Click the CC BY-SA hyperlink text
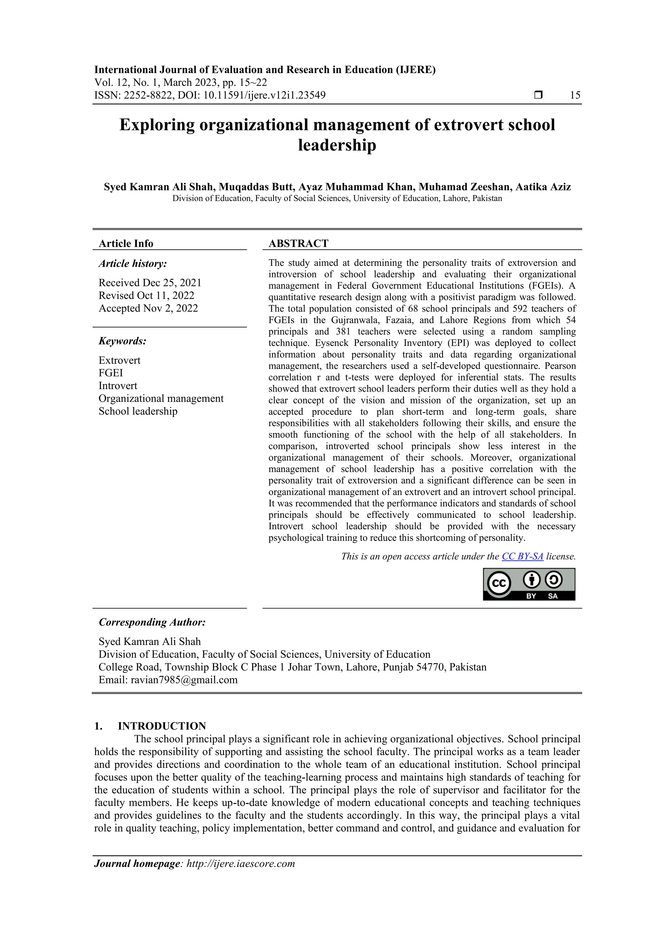(522, 557)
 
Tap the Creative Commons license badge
(529, 584)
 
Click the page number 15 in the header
(575, 96)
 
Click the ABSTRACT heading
(298, 244)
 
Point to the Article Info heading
(126, 244)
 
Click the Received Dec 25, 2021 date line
(150, 283)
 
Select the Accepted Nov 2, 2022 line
(148, 309)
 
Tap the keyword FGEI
(110, 373)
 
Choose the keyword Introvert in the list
(118, 386)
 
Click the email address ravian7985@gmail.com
(184, 680)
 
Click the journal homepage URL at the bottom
(240, 863)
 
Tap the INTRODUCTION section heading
(162, 726)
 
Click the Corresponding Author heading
(152, 622)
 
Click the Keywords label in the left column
(122, 341)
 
